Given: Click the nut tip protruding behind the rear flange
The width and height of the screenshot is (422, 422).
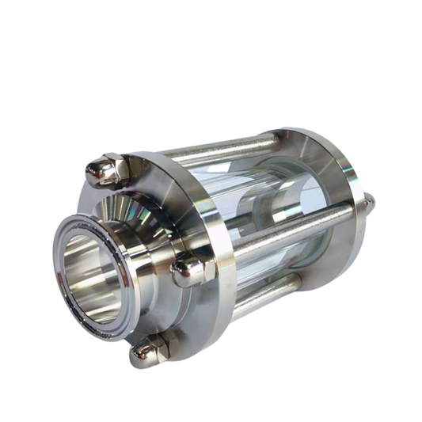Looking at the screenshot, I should click(x=371, y=204).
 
